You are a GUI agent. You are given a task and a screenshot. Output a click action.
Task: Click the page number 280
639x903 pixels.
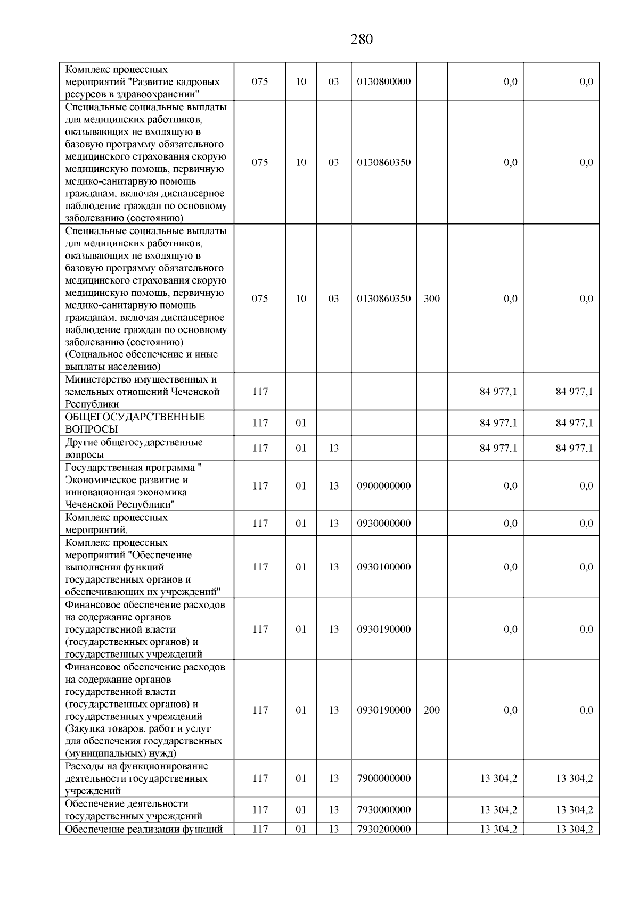pyautogui.click(x=362, y=39)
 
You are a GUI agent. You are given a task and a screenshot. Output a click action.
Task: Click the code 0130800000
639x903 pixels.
pyautogui.click(x=383, y=82)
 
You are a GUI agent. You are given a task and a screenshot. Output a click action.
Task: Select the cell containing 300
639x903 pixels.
pyautogui.click(x=431, y=299)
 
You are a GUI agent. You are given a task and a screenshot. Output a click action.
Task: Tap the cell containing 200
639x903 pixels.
pyautogui.click(x=431, y=710)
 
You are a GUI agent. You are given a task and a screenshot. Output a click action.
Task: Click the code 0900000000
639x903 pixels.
pyautogui.click(x=383, y=486)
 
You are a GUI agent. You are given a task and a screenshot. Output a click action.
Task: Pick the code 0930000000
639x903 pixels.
pyautogui.click(x=383, y=524)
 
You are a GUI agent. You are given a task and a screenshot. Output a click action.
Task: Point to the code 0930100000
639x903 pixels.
pyautogui.click(x=383, y=567)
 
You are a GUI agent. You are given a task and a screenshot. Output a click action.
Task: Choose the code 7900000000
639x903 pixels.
pyautogui.click(x=383, y=778)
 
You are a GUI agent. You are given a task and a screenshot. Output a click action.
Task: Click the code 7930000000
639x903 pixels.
pyautogui.click(x=383, y=810)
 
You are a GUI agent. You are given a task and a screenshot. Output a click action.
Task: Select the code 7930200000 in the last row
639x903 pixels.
pyautogui.click(x=383, y=829)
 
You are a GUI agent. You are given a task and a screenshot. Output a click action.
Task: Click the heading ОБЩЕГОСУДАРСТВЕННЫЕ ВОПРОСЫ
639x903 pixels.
pyautogui.click(x=135, y=423)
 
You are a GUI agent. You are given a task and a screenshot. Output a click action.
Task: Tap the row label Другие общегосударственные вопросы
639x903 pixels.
pyautogui.click(x=134, y=449)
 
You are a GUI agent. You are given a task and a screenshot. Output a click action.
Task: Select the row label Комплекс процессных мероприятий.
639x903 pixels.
pyautogui.click(x=116, y=524)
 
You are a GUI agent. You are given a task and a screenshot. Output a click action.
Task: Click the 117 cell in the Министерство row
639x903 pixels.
pyautogui.click(x=260, y=392)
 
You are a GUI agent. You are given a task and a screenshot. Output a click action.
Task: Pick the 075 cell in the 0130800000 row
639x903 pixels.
pyautogui.click(x=260, y=82)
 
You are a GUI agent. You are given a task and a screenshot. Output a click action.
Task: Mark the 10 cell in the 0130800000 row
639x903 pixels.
pyautogui.click(x=301, y=82)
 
